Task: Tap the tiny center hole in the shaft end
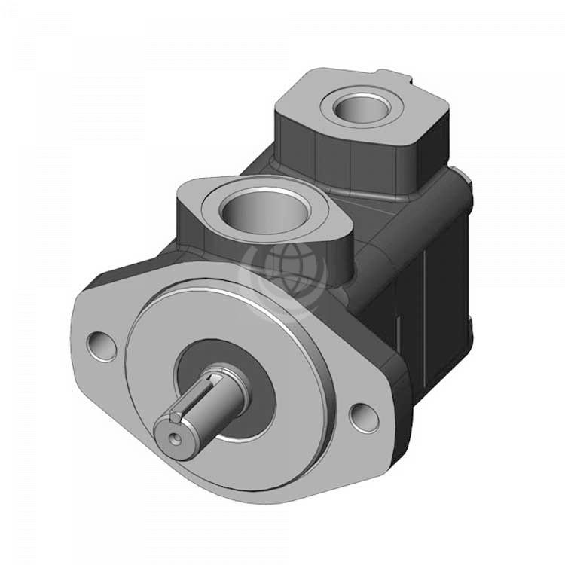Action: click(x=175, y=435)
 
